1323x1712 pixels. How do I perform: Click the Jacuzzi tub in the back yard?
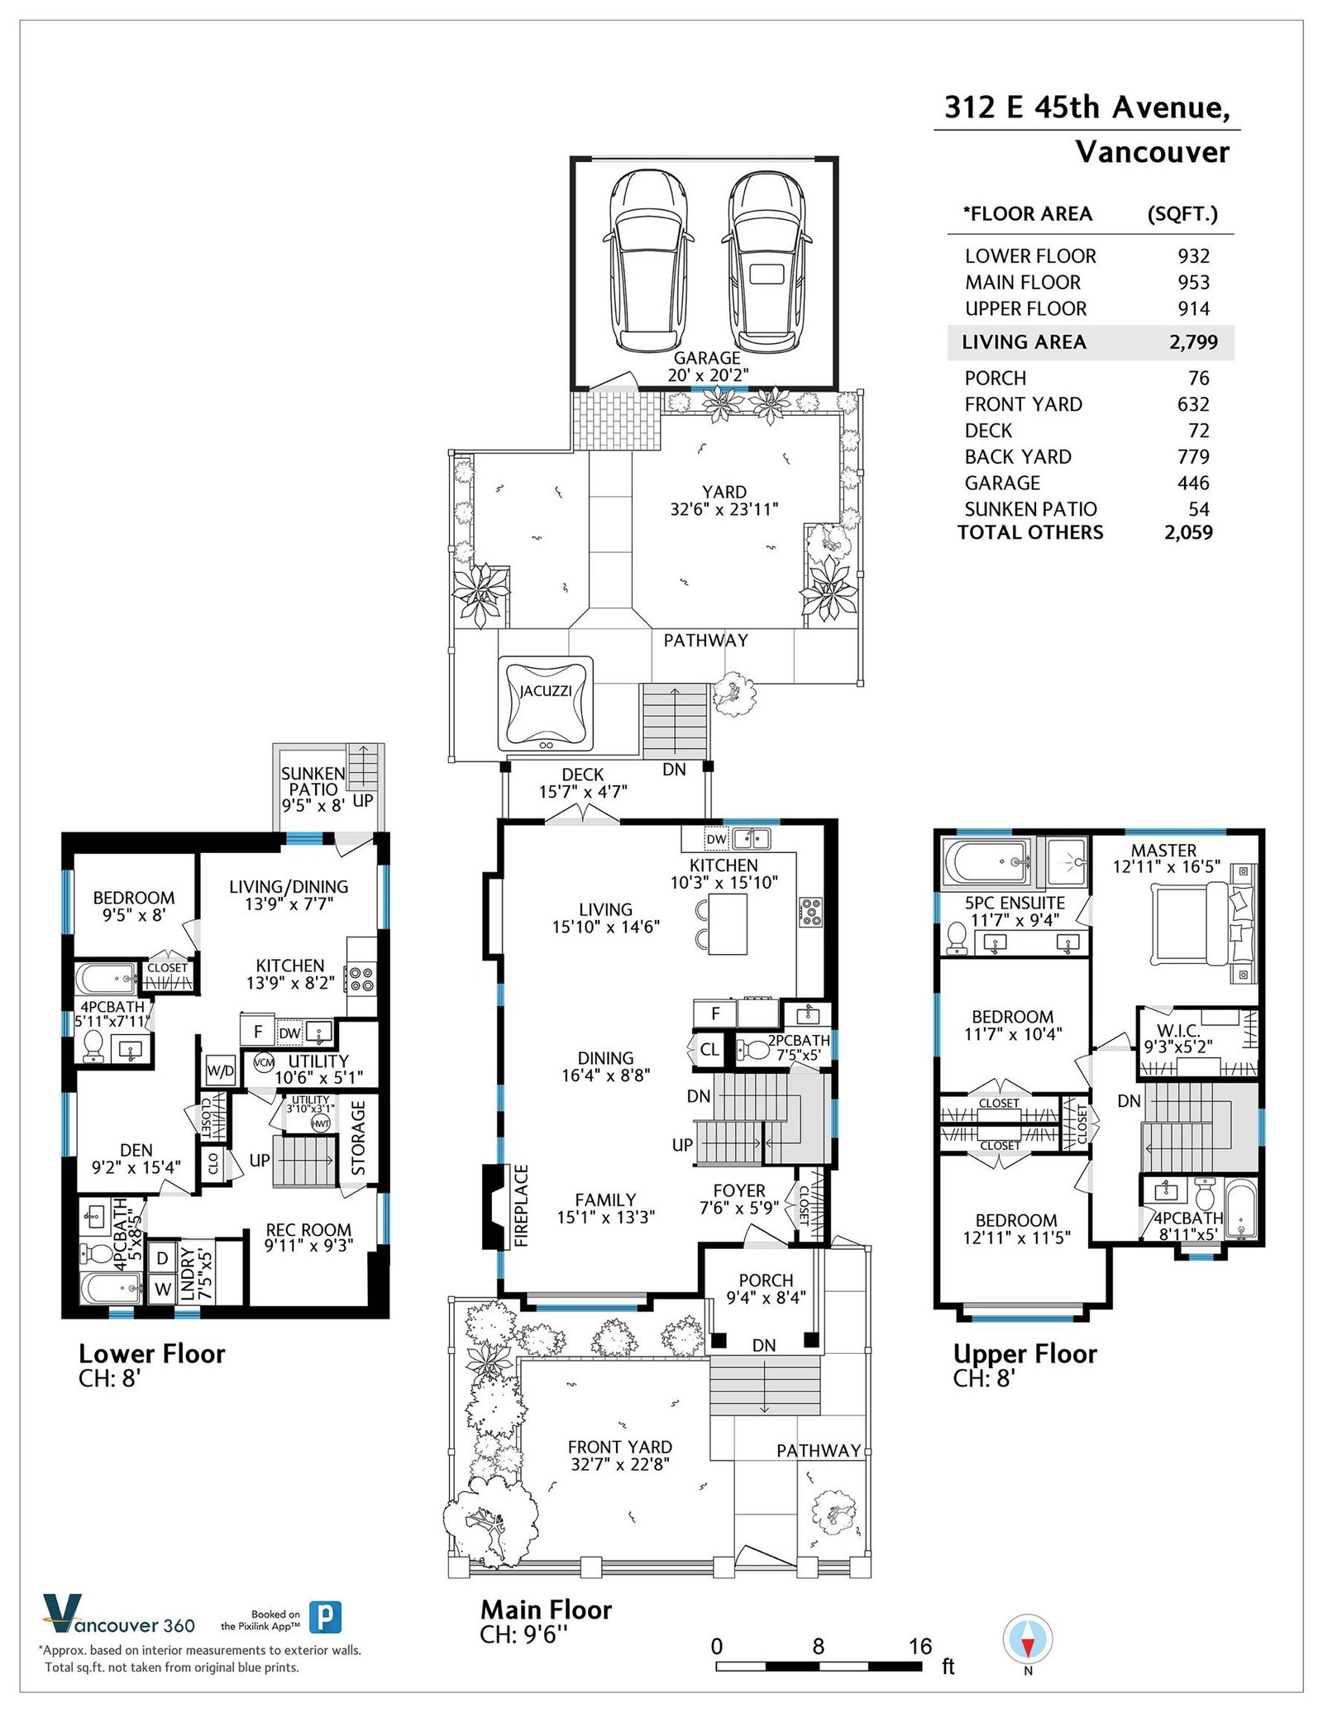coord(545,703)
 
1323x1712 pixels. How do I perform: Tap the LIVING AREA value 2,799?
coord(1193,342)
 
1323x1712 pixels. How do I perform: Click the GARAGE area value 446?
coord(1194,483)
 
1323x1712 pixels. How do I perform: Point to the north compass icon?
coord(1028,1638)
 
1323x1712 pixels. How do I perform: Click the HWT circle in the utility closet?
coord(320,1123)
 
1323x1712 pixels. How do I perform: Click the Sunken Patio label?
coord(313,789)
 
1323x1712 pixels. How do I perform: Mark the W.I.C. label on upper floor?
coord(1177,1030)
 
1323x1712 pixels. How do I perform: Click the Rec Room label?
coord(308,1230)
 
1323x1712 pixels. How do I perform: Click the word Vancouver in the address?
coord(1152,152)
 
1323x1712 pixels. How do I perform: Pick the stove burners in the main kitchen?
coord(811,910)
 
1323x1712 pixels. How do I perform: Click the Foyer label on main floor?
coord(739,1190)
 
